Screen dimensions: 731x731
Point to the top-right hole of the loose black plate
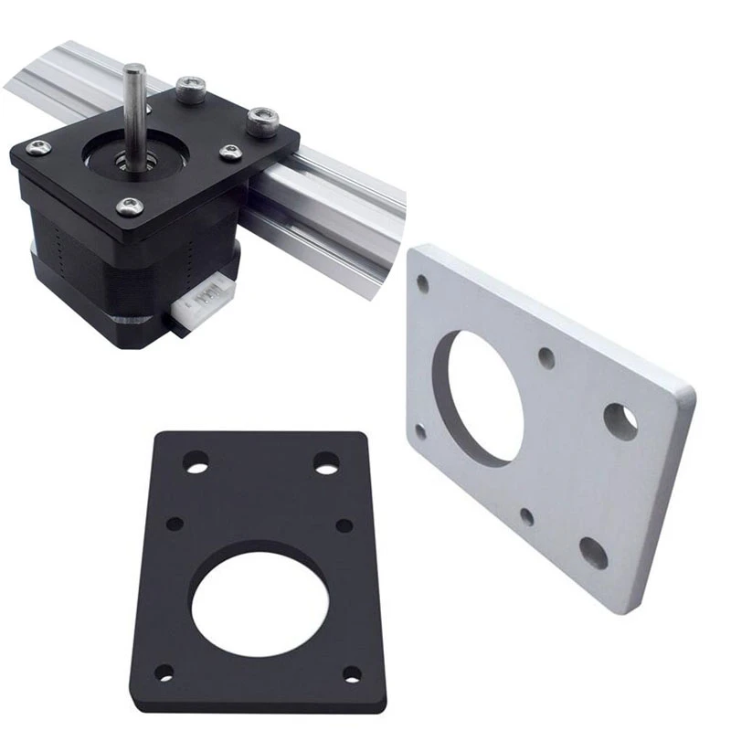tap(326, 462)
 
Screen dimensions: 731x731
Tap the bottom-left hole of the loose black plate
tap(164, 673)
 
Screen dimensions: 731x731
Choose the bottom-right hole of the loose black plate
tap(352, 674)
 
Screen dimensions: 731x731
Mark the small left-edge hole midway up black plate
tap(175, 524)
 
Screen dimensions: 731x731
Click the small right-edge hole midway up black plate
tap(344, 525)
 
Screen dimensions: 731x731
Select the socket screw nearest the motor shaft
tap(189, 89)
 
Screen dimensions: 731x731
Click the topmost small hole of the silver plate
tap(422, 283)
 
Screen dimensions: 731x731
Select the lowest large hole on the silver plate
tap(593, 552)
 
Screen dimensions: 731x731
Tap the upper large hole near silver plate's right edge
tap(621, 418)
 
